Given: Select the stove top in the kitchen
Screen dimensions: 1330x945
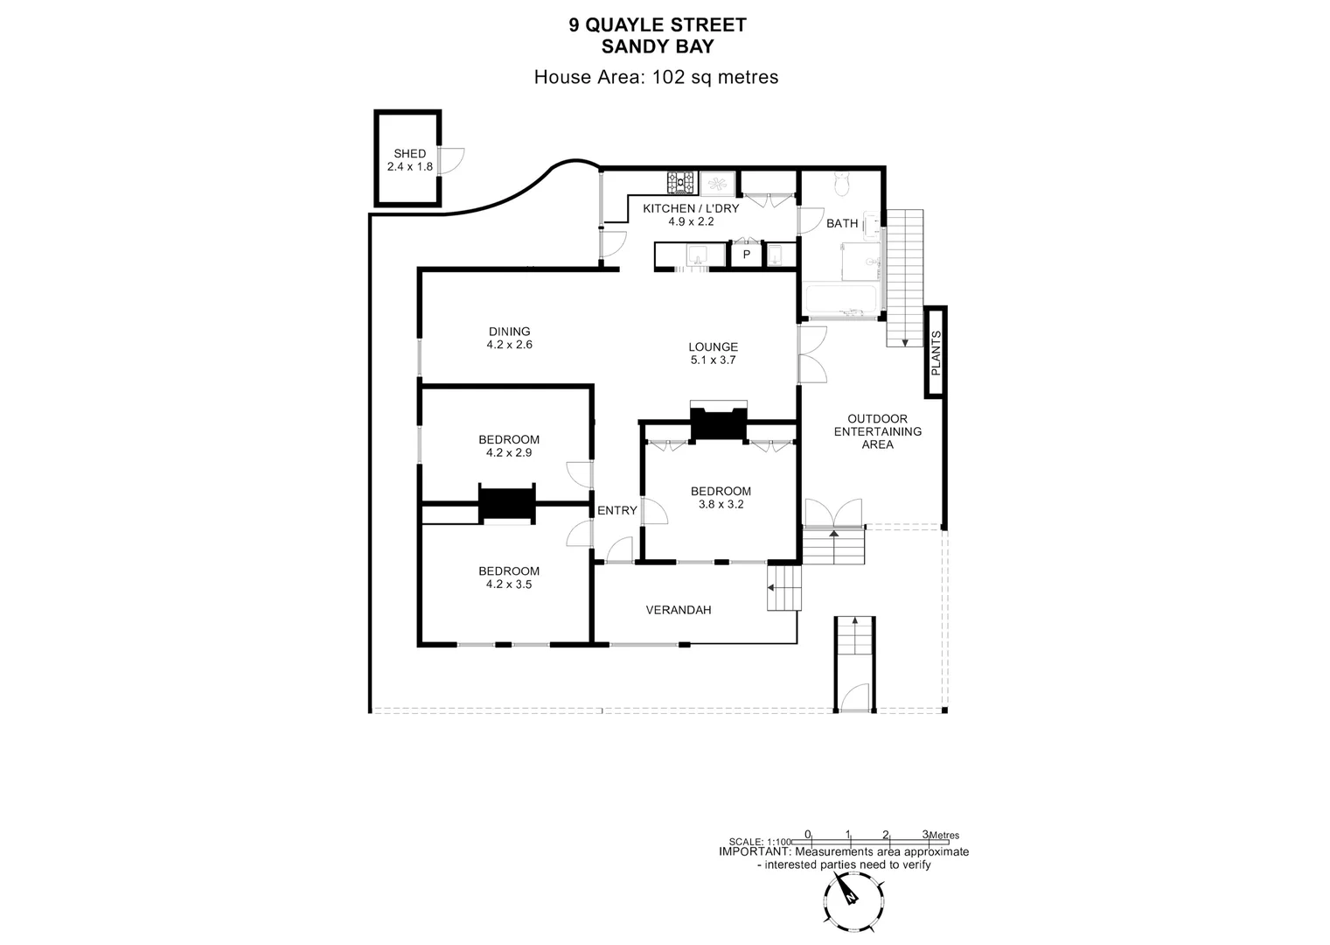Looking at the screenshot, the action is tap(680, 182).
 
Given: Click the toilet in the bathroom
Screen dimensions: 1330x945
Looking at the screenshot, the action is tap(842, 184).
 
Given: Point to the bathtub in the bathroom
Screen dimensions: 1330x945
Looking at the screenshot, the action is tap(839, 300).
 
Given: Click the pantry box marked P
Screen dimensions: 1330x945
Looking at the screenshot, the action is tap(747, 255).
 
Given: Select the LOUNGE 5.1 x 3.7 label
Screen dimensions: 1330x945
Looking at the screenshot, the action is tap(714, 353).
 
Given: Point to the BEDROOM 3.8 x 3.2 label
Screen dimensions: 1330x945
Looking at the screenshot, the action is tap(721, 498).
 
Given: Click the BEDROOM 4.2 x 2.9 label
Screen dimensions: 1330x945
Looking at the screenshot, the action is tap(509, 446).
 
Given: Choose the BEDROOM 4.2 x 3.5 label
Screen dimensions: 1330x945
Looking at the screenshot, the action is tap(509, 577).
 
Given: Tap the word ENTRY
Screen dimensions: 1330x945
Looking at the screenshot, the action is tap(616, 510).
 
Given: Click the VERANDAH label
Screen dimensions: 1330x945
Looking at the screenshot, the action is tap(678, 610).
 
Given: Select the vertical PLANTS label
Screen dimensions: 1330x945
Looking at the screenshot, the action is tap(936, 353).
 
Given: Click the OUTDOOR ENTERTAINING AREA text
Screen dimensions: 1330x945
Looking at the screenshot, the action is tap(878, 432).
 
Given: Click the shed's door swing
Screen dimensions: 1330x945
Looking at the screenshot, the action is tap(451, 160).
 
